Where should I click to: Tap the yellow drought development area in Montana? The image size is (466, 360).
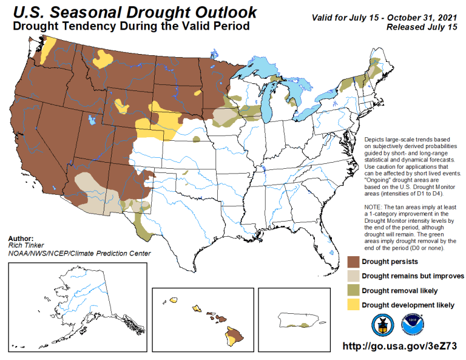(104, 58)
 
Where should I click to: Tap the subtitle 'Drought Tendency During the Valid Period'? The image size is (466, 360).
(130, 27)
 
